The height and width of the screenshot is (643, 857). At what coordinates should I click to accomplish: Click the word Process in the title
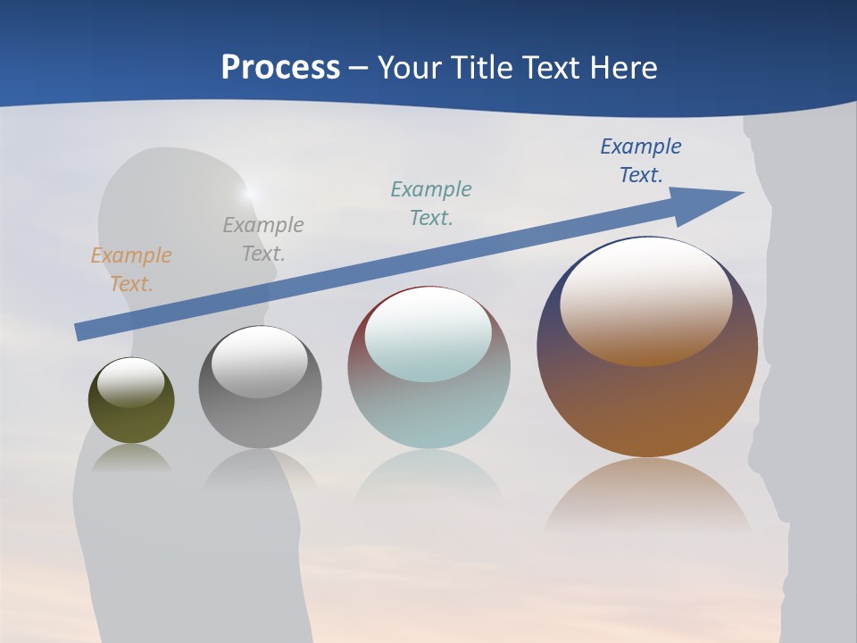coord(280,68)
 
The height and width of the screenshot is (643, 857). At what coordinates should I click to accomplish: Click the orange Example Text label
coord(131,270)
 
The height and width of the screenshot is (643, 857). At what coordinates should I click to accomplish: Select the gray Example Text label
coord(263,239)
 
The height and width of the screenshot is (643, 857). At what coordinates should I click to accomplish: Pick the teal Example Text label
coord(431,204)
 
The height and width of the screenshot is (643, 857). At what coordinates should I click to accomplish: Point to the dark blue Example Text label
coord(641,161)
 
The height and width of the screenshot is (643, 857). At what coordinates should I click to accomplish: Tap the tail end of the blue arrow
coord(80,331)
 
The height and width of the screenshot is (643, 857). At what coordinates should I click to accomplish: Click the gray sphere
coord(260,420)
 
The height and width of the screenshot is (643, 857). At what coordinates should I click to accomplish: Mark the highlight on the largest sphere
coord(647,300)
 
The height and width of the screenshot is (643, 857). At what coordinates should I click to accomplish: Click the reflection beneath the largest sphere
coord(647,496)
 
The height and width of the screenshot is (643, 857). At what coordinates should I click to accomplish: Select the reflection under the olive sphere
coord(131,457)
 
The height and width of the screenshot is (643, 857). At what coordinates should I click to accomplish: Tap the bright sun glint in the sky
coord(249,192)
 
